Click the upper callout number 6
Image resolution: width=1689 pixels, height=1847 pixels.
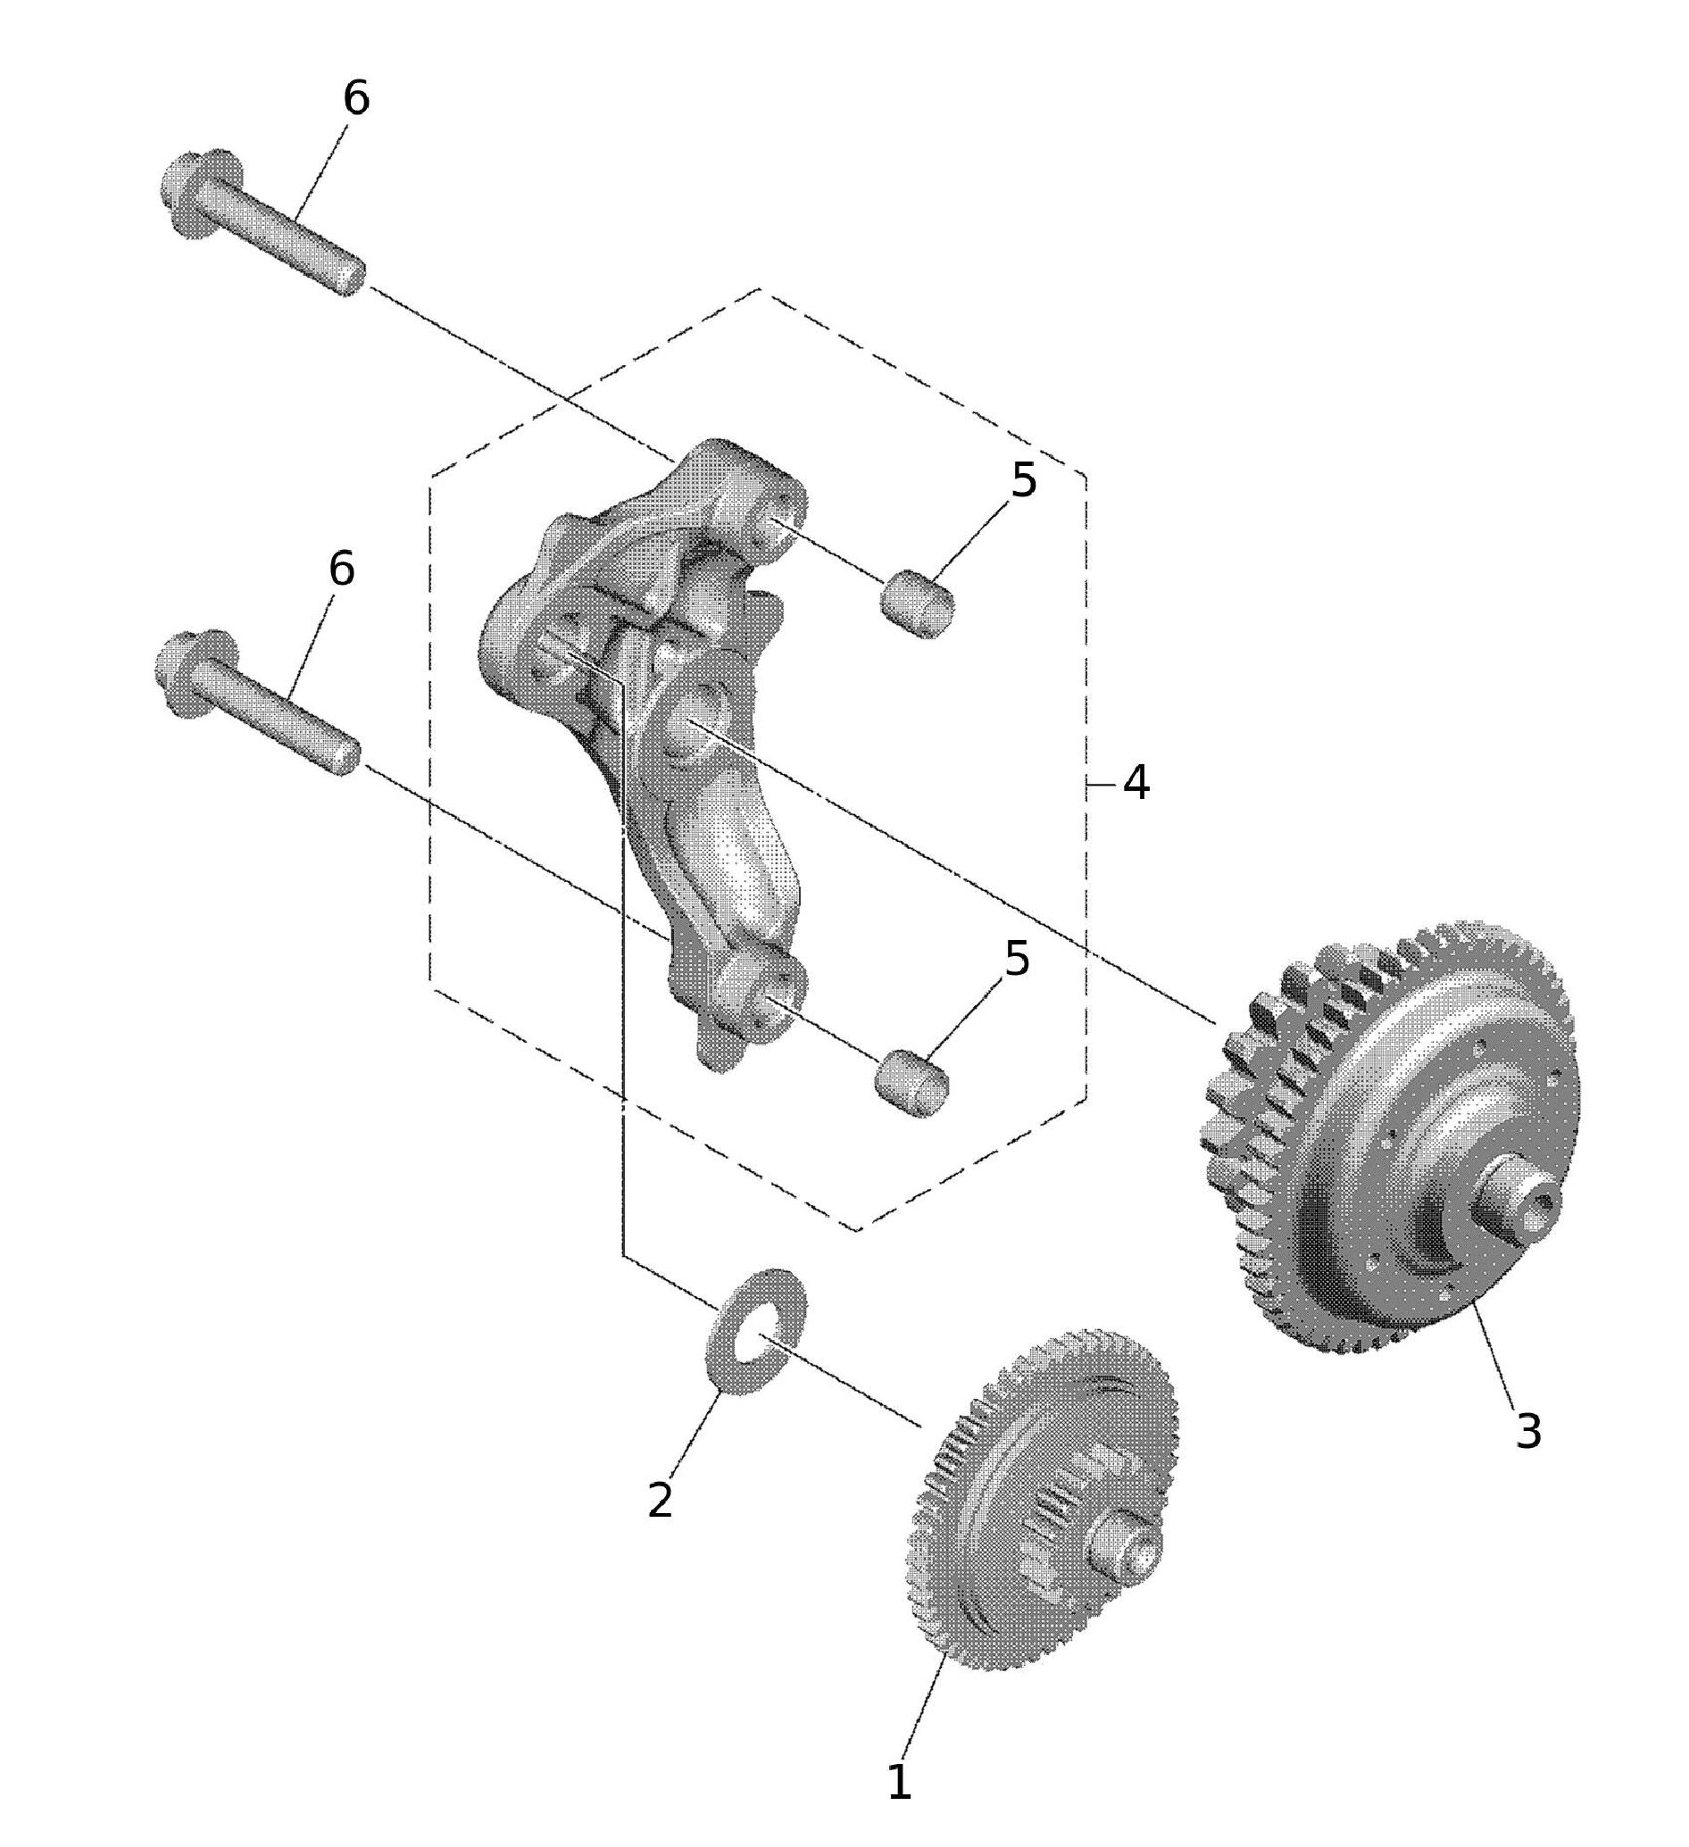pos(356,98)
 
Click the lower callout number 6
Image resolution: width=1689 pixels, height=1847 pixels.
pos(342,569)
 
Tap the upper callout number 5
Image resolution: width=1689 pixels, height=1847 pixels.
pos(1023,480)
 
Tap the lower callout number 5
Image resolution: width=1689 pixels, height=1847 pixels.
pos(1018,958)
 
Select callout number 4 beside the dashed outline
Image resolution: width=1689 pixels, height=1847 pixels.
pos(1136,783)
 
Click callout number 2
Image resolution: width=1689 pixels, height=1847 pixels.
pos(660,1500)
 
